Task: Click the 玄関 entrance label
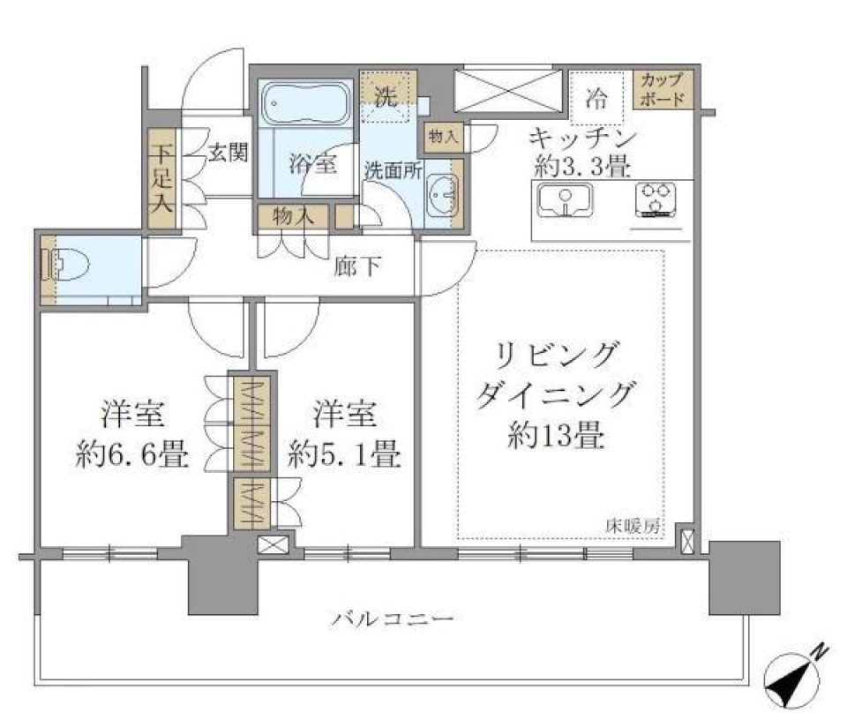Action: tap(228, 152)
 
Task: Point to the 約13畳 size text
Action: tap(556, 435)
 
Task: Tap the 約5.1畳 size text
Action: tap(345, 455)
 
